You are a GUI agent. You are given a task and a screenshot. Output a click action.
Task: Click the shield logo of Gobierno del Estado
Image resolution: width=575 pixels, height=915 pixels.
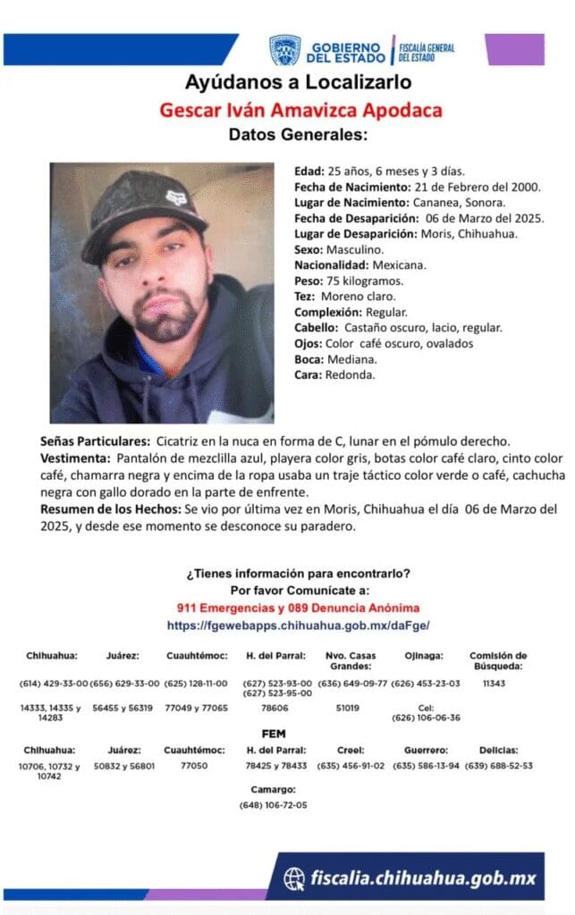tap(285, 50)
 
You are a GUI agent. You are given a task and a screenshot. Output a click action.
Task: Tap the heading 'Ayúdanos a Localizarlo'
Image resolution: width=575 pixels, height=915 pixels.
tap(298, 83)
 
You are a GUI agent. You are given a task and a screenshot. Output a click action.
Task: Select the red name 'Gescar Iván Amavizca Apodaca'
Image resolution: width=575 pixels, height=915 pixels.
tap(300, 111)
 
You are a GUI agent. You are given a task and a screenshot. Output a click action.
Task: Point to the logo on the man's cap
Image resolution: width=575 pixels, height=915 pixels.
tap(174, 198)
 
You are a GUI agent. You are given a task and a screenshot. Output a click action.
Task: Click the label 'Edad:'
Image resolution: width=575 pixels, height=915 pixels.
tap(309, 171)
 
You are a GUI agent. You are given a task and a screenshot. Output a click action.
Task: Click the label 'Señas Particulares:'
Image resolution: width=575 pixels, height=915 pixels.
tap(95, 441)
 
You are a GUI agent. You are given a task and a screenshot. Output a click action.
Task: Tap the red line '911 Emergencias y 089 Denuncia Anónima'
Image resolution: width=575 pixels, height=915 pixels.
tap(299, 608)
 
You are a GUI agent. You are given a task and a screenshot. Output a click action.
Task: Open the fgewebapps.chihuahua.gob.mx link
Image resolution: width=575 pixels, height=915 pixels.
tap(299, 625)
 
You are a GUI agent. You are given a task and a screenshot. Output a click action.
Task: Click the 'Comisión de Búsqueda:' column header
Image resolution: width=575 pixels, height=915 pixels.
tap(498, 660)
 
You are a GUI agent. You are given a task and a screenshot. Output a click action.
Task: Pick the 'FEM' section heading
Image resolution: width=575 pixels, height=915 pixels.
tap(275, 734)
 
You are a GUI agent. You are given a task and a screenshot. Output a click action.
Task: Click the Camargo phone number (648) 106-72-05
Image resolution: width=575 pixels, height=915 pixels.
tap(273, 805)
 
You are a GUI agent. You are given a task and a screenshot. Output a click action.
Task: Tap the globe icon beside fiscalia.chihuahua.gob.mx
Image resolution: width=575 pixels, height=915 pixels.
tap(294, 877)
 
